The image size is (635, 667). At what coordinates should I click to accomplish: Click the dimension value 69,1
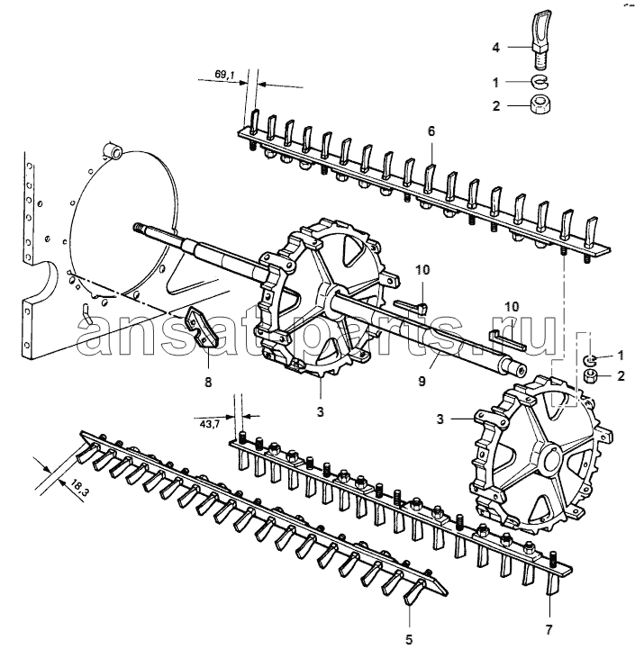(x=224, y=75)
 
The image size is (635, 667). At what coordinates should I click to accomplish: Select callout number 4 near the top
(x=495, y=47)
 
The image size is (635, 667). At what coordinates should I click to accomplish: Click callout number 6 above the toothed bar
(x=431, y=131)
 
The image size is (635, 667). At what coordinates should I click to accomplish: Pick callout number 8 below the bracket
(x=208, y=382)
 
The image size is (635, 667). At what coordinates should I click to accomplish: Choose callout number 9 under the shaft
(x=422, y=381)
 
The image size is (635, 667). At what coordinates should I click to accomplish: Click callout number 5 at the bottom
(x=409, y=639)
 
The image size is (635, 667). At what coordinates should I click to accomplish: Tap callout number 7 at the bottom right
(x=549, y=629)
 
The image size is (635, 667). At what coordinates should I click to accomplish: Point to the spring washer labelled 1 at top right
(x=540, y=80)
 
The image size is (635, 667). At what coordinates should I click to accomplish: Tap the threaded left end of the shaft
(x=140, y=228)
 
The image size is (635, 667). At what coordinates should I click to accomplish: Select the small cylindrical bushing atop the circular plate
(x=113, y=150)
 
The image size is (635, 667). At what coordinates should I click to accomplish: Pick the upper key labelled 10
(x=411, y=307)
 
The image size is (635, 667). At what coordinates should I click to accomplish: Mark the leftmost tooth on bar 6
(x=254, y=122)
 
